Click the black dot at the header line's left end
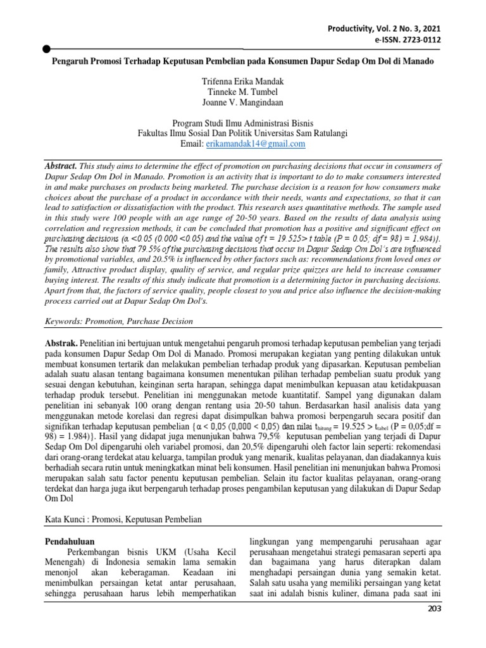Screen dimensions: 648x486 tap(46, 49)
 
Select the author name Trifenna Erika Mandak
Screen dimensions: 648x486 tap(243, 82)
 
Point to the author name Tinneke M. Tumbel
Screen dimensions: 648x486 tap(243, 92)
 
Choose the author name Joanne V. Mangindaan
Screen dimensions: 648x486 tap(243, 103)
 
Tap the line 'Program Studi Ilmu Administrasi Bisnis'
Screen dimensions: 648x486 tap(243, 123)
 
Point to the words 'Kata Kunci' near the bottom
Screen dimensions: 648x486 tap(66, 519)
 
